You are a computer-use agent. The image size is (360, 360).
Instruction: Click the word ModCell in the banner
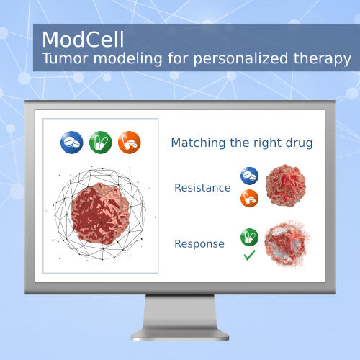tap(83, 39)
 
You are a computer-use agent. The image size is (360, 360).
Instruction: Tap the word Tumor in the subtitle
tap(65, 58)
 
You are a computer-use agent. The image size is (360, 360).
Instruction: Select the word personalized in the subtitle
tap(240, 60)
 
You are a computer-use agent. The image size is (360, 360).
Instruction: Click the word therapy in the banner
tap(323, 60)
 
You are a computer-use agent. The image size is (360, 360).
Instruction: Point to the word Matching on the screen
tap(198, 143)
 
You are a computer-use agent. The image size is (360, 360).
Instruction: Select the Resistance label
tap(202, 188)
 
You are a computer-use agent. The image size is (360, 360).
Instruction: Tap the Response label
tap(199, 244)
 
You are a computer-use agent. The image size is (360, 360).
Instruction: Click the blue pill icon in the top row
tap(72, 143)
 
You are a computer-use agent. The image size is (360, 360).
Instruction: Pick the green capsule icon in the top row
tap(101, 143)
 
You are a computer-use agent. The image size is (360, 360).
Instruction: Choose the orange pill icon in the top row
tap(130, 143)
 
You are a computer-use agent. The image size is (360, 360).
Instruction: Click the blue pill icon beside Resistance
tap(250, 176)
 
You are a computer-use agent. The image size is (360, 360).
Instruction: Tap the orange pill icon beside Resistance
tap(250, 198)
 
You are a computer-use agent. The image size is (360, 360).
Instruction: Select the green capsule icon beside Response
tap(250, 237)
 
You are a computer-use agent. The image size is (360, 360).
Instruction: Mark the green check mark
tap(249, 255)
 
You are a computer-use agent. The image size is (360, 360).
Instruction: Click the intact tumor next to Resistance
tap(285, 186)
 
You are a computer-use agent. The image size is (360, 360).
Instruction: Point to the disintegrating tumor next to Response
tap(287, 243)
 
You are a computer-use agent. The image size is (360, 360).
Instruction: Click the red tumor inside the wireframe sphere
tap(100, 214)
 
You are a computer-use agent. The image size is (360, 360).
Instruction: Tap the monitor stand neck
tap(180, 312)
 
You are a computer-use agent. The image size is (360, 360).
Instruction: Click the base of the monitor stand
tap(180, 334)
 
